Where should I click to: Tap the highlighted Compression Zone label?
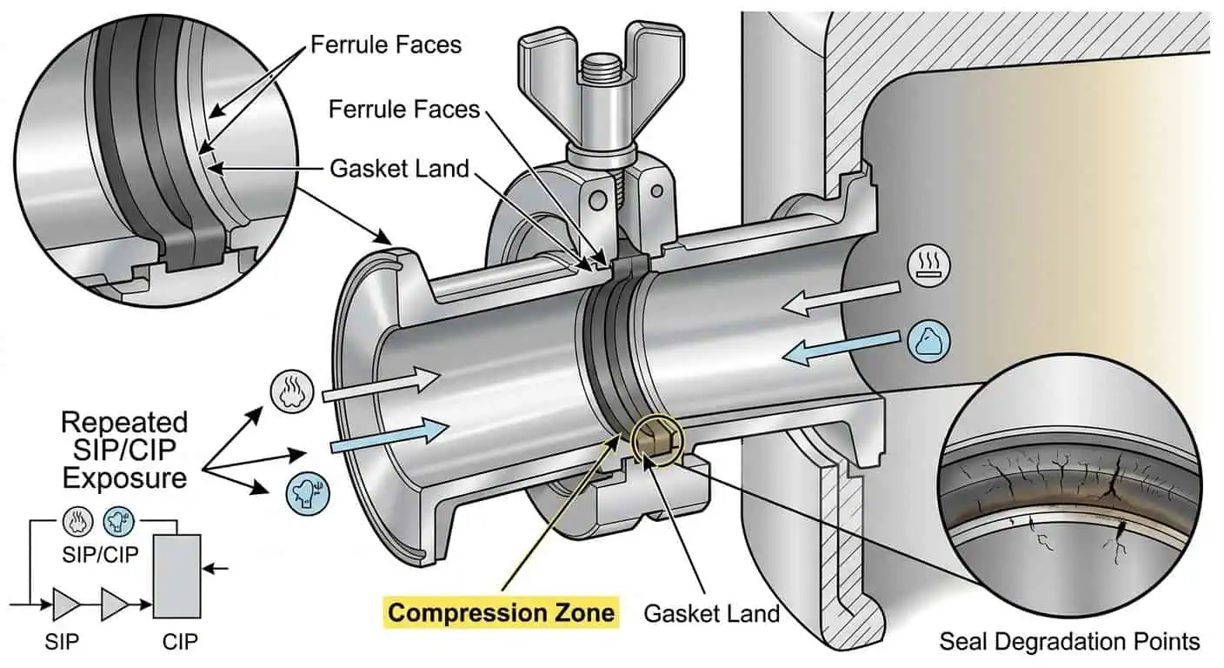pos(502,612)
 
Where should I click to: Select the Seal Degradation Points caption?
pos(1069,642)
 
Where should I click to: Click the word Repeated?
pos(124,423)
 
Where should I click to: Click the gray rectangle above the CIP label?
pos(176,575)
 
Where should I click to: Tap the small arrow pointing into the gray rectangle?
pos(218,568)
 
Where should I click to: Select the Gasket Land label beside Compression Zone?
pos(711,613)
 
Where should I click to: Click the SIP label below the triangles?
pos(62,643)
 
